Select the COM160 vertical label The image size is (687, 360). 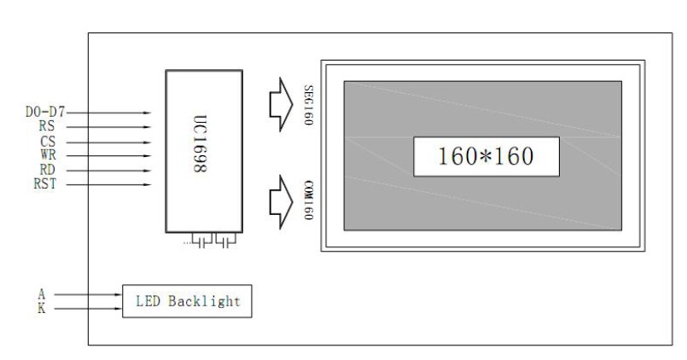pos(308,200)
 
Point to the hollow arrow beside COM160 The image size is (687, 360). pos(280,200)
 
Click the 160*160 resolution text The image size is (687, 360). pos(486,157)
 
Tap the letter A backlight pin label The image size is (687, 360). pos(41,293)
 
